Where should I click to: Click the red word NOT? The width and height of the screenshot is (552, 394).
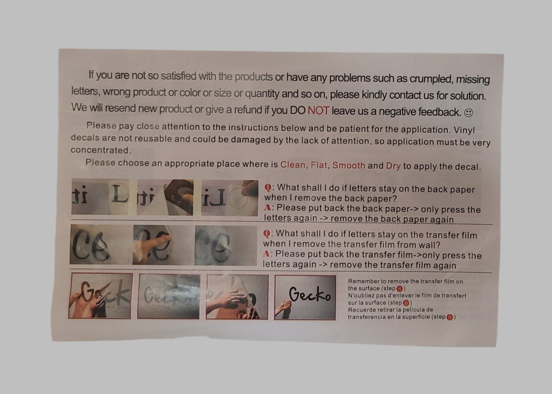point(319,111)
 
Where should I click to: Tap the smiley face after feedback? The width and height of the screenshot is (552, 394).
point(468,113)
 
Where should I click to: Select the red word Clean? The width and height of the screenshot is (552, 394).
point(293,165)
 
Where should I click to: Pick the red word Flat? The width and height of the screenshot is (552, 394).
point(319,165)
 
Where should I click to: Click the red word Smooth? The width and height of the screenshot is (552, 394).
point(349,165)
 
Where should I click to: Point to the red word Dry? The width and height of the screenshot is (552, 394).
point(393,166)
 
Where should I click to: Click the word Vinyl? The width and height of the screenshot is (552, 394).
point(464,130)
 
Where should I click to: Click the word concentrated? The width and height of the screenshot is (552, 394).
point(101,150)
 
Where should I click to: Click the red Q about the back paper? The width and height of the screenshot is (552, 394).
point(267,188)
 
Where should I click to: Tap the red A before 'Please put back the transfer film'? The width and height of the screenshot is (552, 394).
point(266,253)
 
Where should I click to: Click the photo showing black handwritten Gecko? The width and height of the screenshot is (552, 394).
point(305,297)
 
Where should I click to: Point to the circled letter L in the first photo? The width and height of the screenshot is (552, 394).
point(119,195)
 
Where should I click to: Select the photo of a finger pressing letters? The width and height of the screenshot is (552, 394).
point(161,245)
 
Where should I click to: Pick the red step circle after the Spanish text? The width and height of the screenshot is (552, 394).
point(450,317)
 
